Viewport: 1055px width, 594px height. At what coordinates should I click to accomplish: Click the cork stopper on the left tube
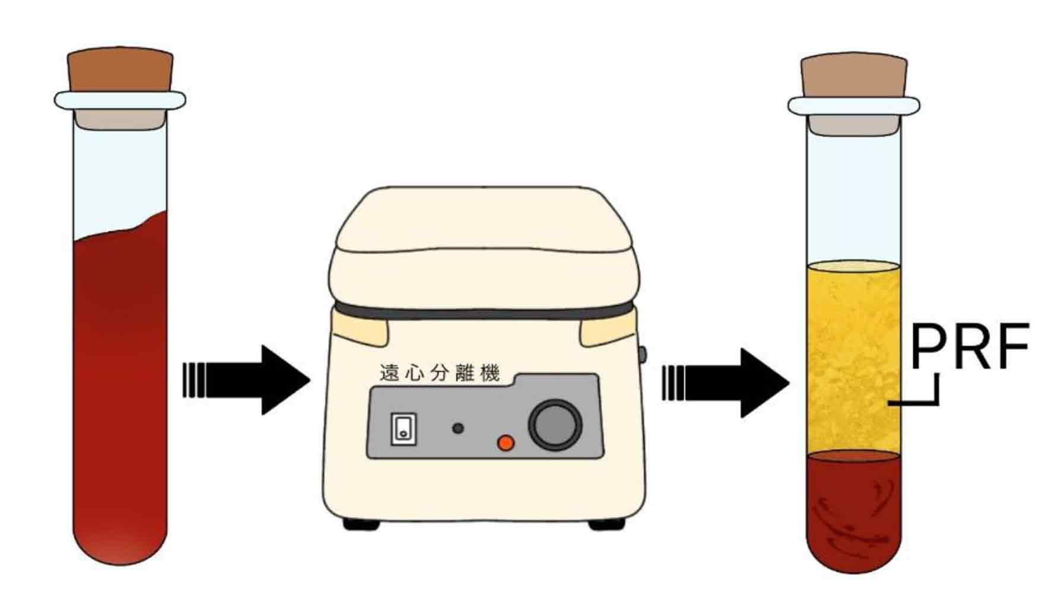tap(120, 70)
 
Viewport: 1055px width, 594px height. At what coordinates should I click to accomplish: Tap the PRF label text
tap(969, 347)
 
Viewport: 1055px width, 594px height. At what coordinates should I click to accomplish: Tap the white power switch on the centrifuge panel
tap(403, 428)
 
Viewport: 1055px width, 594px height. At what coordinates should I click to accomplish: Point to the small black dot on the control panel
tap(457, 428)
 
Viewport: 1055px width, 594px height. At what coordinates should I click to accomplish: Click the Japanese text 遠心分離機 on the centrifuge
tap(440, 373)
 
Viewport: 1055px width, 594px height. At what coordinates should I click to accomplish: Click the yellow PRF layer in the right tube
tap(853, 356)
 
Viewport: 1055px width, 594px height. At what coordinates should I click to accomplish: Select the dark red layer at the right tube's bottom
tap(853, 511)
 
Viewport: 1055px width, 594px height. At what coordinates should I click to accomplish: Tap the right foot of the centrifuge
tap(606, 525)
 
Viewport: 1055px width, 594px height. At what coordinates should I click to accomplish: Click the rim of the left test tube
tap(120, 100)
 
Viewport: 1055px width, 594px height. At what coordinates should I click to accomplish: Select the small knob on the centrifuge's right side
tap(642, 355)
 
